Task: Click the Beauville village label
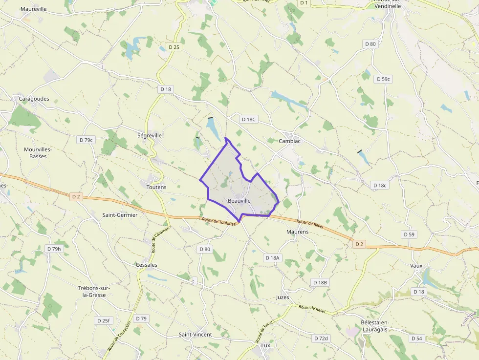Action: pyautogui.click(x=239, y=201)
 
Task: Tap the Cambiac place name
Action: pyautogui.click(x=289, y=141)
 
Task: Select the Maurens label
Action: pyautogui.click(x=298, y=232)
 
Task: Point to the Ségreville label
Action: pyautogui.click(x=150, y=135)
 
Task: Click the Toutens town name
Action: pyautogui.click(x=156, y=187)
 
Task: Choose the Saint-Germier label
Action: pyautogui.click(x=120, y=214)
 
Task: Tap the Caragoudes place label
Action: pyautogui.click(x=34, y=99)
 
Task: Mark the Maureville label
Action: pyautogui.click(x=34, y=9)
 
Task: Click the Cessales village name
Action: pyautogui.click(x=146, y=265)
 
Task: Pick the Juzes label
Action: pyautogui.click(x=283, y=297)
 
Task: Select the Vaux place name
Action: pyautogui.click(x=416, y=266)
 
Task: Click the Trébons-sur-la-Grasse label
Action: pyautogui.click(x=94, y=292)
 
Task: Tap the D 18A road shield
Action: pyautogui.click(x=272, y=257)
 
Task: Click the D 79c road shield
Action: pyautogui.click(x=86, y=140)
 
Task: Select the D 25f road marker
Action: pyautogui.click(x=104, y=320)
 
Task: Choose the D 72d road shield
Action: pyautogui.click(x=321, y=338)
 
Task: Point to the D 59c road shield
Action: pyautogui.click(x=384, y=79)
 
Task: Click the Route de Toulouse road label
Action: pyautogui.click(x=220, y=221)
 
